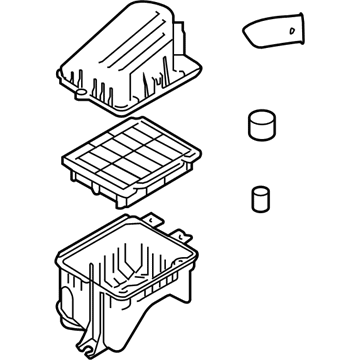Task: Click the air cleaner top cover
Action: [130, 60]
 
